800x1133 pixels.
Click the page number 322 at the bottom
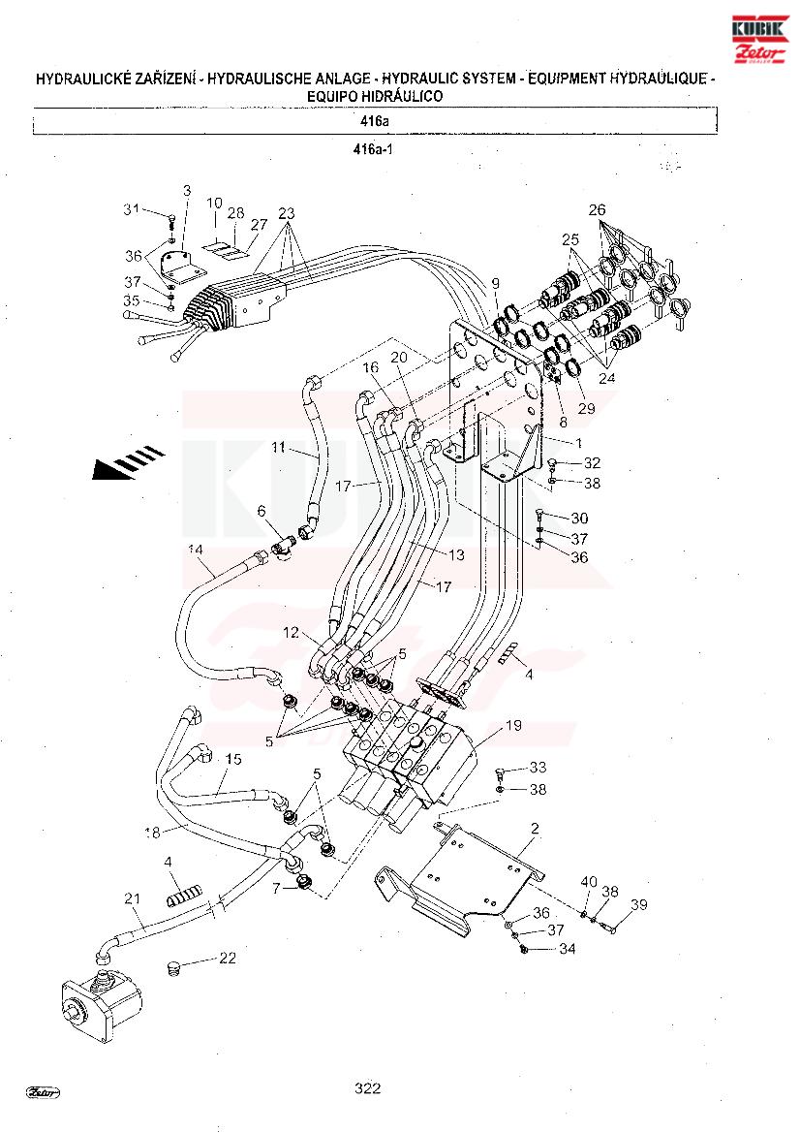[x=367, y=1088]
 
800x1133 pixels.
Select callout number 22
[x=228, y=959]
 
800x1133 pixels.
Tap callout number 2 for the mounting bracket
[x=534, y=829]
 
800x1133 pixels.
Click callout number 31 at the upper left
[x=132, y=209]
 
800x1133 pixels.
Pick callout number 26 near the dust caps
[x=597, y=209]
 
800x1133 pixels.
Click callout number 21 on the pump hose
[x=132, y=897]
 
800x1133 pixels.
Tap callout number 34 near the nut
[x=567, y=948]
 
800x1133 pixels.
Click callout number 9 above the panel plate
[x=495, y=283]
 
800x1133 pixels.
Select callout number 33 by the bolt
[x=538, y=769]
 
